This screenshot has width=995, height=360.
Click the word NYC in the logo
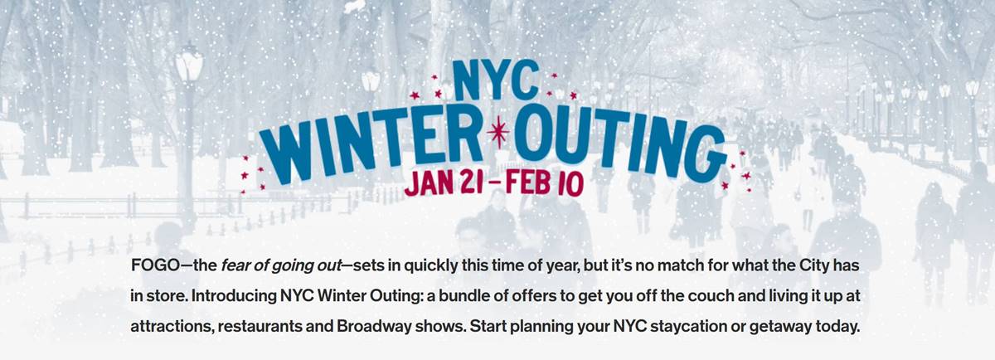[495, 80]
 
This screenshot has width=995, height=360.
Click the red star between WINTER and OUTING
[499, 132]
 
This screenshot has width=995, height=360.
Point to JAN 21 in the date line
[444, 182]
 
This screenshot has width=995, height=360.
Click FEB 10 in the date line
[544, 182]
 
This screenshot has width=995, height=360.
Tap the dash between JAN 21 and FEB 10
[494, 182]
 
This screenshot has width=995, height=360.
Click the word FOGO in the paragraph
[154, 265]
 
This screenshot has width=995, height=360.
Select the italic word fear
[235, 265]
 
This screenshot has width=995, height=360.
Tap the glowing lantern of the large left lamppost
[188, 62]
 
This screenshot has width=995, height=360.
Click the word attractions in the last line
[170, 327]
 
